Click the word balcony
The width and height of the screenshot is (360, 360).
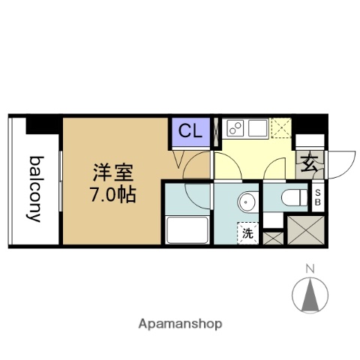click(x=34, y=189)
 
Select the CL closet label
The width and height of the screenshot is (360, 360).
click(x=190, y=131)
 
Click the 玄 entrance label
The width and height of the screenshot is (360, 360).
click(x=307, y=163)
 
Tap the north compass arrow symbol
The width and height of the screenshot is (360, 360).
click(x=310, y=294)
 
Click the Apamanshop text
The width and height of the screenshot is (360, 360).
click(x=180, y=325)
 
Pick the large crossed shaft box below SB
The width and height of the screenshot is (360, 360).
click(x=306, y=228)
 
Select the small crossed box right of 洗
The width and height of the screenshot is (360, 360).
click(x=272, y=238)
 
